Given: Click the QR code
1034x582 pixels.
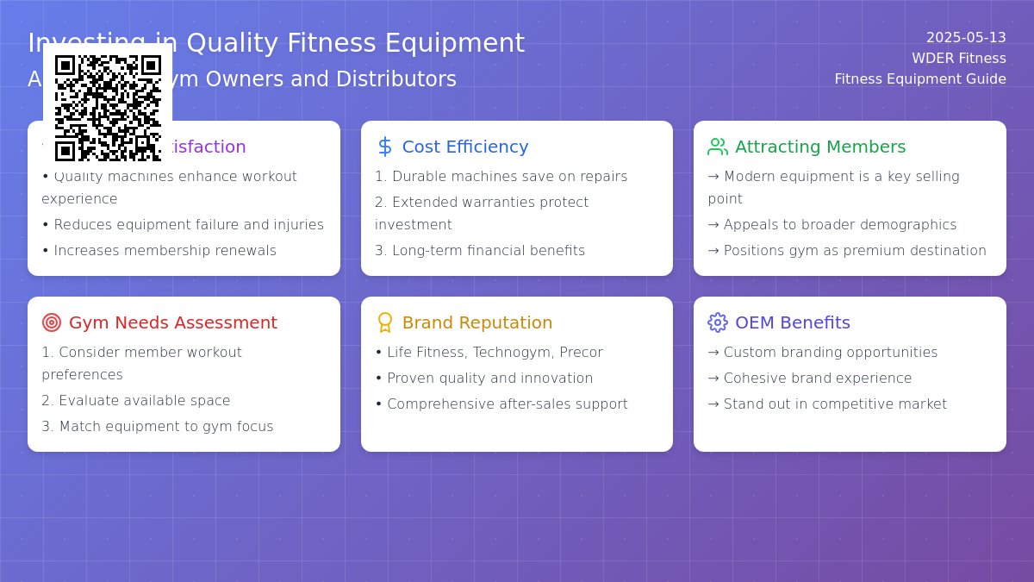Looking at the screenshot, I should coord(108,108).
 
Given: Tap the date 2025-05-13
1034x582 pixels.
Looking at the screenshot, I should coord(965,38).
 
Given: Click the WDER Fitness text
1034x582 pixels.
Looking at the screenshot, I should coord(958,59).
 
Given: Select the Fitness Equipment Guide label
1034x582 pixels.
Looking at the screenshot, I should coord(919,79).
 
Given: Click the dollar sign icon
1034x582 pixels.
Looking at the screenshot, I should coord(385,147).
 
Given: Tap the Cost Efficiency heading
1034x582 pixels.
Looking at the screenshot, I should coord(464,147).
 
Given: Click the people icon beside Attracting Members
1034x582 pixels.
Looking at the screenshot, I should coord(717,147).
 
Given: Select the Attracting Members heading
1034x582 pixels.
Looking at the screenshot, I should coord(819,147).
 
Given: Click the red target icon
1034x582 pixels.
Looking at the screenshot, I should coord(52,322).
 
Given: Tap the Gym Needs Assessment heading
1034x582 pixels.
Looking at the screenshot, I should coord(172,322).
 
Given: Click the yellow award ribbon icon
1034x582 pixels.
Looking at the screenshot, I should coord(385,322).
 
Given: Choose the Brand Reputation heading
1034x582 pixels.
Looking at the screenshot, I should coord(477,322).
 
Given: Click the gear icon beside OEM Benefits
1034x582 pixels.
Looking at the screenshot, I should coord(717,322).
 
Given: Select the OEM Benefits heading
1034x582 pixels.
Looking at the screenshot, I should coord(792,322).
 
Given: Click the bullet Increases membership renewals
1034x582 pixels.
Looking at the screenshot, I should coord(165,251).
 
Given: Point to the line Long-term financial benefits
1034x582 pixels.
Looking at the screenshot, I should coord(488,251).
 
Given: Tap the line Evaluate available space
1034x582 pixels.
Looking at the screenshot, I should coord(144,401).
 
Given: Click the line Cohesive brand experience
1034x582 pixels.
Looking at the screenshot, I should coord(817,379).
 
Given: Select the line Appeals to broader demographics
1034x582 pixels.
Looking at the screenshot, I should coord(839,225).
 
